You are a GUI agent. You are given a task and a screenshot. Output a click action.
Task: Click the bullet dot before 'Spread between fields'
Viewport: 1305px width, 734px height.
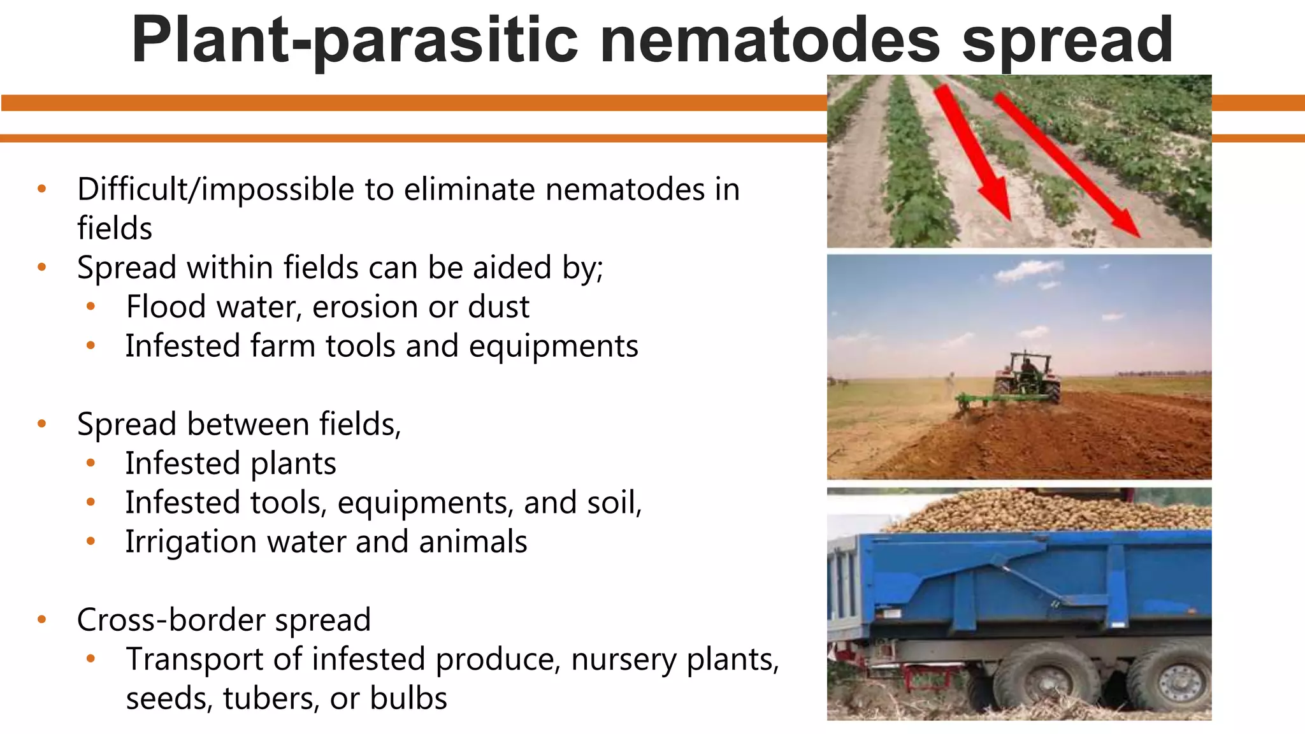pos(42,424)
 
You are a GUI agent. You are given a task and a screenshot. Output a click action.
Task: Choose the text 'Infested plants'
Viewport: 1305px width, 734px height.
pos(230,463)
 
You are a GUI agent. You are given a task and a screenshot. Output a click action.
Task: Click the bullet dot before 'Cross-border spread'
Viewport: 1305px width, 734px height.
pos(42,619)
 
